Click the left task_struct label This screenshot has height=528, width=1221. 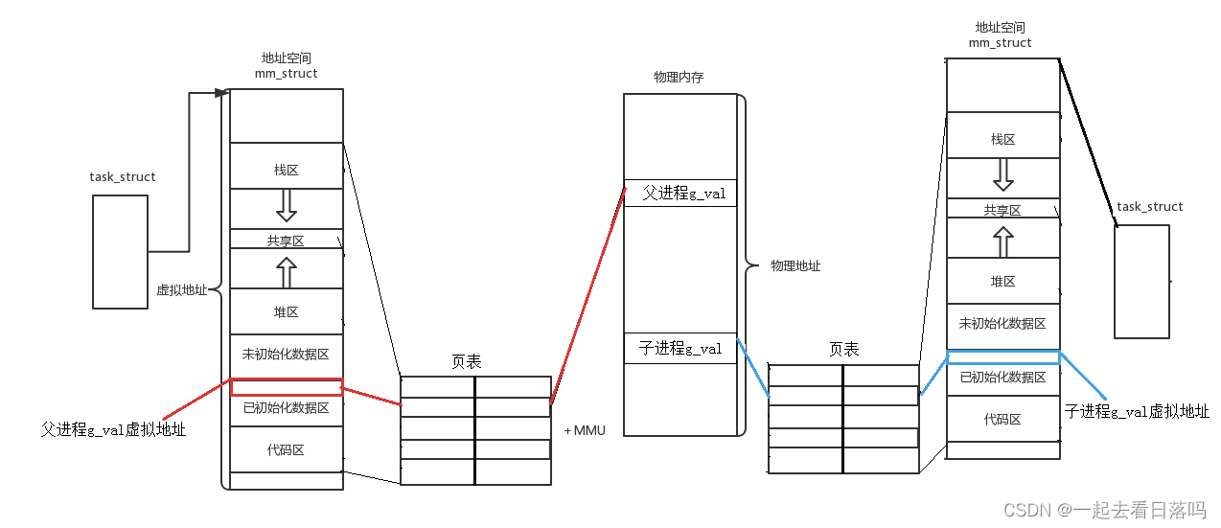click(x=123, y=177)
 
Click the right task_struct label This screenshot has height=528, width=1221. click(x=1149, y=207)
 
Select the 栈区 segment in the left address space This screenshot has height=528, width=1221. click(x=286, y=170)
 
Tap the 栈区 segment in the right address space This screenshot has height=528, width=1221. click(x=1002, y=140)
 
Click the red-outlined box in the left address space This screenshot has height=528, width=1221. click(x=287, y=387)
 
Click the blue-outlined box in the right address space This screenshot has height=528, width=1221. click(x=1002, y=357)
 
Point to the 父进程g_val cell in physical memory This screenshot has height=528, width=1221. click(x=680, y=194)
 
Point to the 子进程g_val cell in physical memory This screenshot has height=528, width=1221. click(x=680, y=349)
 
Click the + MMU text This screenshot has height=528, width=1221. click(x=584, y=431)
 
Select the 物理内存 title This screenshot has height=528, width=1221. click(x=679, y=78)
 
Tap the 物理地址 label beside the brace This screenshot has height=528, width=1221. click(x=795, y=266)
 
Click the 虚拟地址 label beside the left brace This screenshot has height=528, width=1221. click(x=181, y=290)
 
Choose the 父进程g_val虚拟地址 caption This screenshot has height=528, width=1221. click(x=113, y=430)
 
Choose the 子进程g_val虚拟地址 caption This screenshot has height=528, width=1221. click(x=1137, y=412)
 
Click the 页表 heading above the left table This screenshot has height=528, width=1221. click(x=467, y=362)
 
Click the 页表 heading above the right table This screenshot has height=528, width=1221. click(x=844, y=350)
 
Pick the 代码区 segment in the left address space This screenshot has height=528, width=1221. click(x=286, y=449)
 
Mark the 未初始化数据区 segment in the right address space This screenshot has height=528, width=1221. click(x=1002, y=324)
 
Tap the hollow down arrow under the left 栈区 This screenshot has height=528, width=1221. click(x=286, y=205)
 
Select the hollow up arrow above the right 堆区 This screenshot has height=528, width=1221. click(x=1002, y=241)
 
